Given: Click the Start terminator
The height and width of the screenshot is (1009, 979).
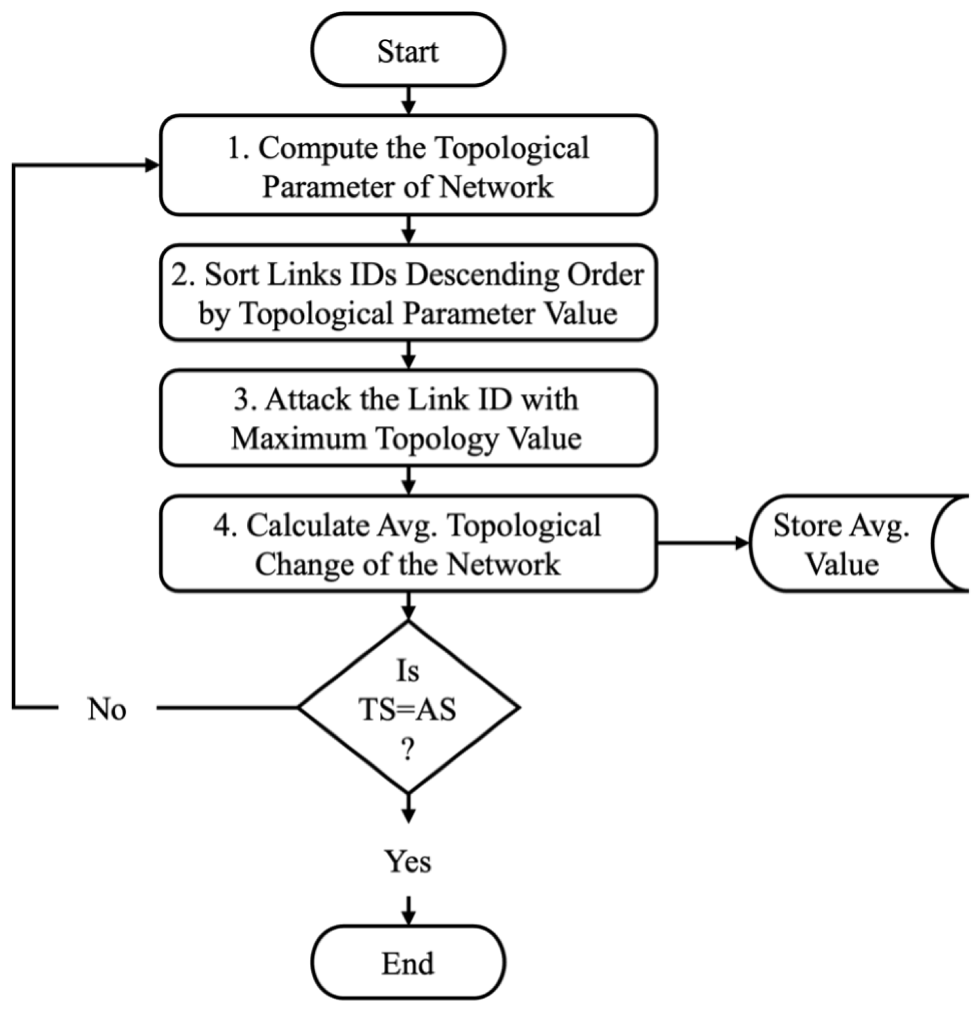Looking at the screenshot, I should [408, 50].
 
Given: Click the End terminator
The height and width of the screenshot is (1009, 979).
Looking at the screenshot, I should [408, 963].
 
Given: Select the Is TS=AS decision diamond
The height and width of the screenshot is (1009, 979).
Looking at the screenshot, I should [408, 708].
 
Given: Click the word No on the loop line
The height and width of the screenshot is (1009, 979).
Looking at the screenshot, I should [107, 709].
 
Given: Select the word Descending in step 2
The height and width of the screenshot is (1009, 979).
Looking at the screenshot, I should [482, 275].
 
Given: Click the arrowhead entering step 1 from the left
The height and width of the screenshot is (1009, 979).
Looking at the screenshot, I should [152, 165].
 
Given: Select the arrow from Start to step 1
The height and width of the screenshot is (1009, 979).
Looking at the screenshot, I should [408, 100].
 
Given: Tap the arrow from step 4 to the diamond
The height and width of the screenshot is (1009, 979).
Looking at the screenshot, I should [408, 607].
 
